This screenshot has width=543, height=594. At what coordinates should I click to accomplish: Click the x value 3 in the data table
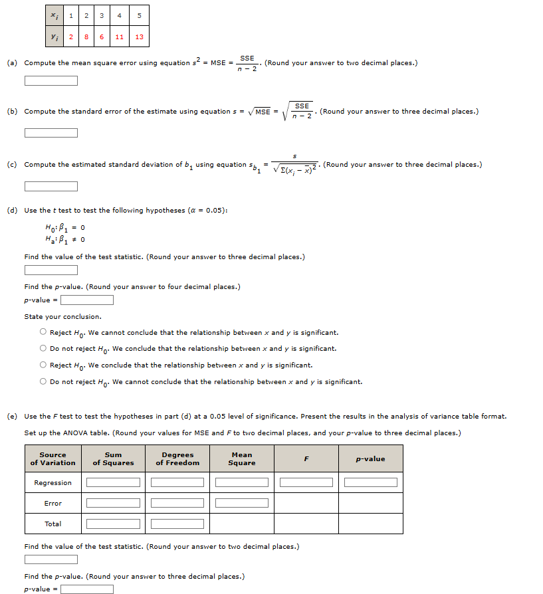(x=102, y=15)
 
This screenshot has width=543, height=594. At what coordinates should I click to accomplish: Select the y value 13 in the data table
(x=139, y=37)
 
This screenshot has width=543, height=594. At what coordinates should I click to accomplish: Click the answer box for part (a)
(x=51, y=81)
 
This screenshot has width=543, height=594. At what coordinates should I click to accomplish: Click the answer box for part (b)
(x=51, y=132)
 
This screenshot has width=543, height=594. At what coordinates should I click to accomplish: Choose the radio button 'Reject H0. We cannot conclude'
(x=43, y=332)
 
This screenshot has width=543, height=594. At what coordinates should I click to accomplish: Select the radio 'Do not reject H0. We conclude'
(x=43, y=348)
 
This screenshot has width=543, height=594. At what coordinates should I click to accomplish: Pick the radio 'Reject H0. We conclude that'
(x=43, y=365)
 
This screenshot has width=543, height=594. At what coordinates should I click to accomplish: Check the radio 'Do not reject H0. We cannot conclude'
(x=43, y=381)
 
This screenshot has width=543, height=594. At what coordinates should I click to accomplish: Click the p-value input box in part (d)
(x=87, y=300)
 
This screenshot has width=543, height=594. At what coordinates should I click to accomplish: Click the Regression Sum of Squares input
(x=113, y=482)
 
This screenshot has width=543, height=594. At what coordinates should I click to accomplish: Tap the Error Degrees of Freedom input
(x=177, y=503)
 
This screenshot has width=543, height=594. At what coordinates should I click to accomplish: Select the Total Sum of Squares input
(x=113, y=524)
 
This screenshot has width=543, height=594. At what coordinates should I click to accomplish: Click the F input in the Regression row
(x=306, y=482)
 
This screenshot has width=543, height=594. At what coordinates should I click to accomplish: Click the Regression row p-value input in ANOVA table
(x=370, y=482)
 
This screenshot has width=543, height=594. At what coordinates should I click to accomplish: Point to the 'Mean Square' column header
(x=242, y=459)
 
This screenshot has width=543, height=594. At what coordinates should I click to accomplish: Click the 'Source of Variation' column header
(x=53, y=459)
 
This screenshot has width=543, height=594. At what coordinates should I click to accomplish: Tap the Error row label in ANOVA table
(x=53, y=503)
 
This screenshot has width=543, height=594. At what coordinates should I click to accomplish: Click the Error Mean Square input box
(x=242, y=503)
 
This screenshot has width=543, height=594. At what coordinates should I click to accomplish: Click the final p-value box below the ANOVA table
(x=87, y=589)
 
